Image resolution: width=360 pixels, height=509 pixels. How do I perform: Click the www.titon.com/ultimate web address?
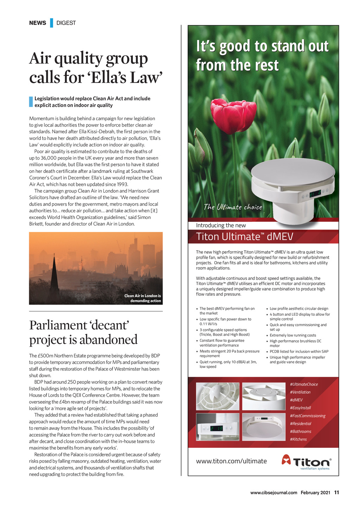point(231,461)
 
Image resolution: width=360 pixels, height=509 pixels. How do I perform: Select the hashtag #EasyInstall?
point(300,408)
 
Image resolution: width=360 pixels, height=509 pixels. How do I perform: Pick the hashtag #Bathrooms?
point(300,431)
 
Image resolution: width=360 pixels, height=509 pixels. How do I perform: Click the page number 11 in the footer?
point(336,492)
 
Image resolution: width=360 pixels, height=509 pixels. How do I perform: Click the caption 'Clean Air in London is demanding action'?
point(143,298)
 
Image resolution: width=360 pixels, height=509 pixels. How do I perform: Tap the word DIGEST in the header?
point(66,23)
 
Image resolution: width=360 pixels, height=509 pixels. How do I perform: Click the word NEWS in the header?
point(38,23)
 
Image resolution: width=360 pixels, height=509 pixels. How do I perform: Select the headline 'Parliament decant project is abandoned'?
point(83,332)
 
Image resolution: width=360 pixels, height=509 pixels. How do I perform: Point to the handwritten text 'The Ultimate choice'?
point(233,207)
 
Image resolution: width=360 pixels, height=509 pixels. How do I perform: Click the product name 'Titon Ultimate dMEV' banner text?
point(244,237)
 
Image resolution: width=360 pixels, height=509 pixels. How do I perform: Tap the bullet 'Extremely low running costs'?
point(293,335)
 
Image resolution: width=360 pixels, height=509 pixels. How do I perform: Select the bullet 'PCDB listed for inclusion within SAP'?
point(299,352)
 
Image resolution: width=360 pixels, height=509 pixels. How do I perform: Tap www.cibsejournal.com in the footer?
point(274,492)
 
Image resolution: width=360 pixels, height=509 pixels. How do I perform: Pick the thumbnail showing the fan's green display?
point(218,427)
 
